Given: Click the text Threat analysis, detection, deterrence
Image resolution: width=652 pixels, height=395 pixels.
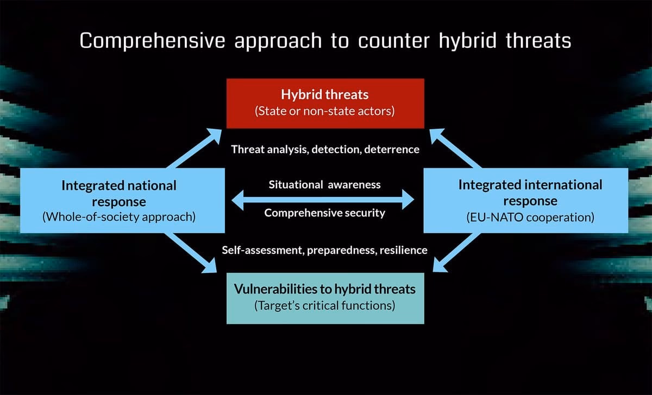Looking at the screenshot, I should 325,149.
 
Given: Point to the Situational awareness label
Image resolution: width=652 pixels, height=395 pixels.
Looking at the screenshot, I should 324,184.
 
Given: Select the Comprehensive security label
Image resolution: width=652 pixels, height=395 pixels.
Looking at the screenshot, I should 324,213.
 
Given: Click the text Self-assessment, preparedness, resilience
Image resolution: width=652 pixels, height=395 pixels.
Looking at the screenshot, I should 324,250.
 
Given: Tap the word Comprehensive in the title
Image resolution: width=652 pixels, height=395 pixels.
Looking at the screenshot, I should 152,41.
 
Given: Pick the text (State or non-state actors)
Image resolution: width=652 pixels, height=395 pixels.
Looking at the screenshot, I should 325,112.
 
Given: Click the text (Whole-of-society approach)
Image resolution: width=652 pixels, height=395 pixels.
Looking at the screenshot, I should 119,218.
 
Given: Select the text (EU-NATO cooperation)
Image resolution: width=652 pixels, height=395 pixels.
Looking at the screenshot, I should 530,218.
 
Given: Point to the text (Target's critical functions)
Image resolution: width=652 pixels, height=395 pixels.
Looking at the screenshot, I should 324,305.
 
